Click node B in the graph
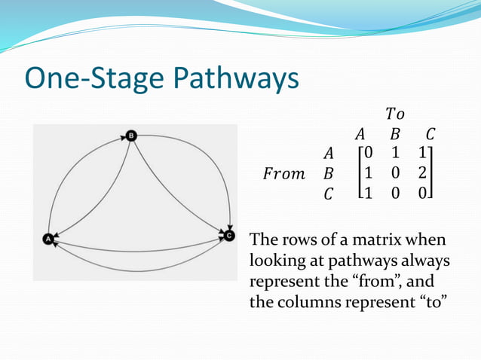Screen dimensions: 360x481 point(131,136)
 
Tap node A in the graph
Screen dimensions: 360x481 point(48,238)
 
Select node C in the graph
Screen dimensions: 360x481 point(229,236)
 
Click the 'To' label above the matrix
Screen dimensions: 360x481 point(394,114)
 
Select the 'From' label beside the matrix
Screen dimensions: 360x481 point(283,175)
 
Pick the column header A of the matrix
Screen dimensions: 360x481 point(360,135)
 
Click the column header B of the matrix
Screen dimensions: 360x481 point(394,135)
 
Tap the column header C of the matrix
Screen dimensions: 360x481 point(429,135)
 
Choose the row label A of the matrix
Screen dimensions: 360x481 point(328,154)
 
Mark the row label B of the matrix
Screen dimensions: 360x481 point(328,175)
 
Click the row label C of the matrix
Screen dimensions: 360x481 point(328,195)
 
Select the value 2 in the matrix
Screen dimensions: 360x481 point(425,174)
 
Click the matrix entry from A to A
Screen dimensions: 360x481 point(368,154)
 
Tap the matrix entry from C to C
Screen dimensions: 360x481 point(425,194)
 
